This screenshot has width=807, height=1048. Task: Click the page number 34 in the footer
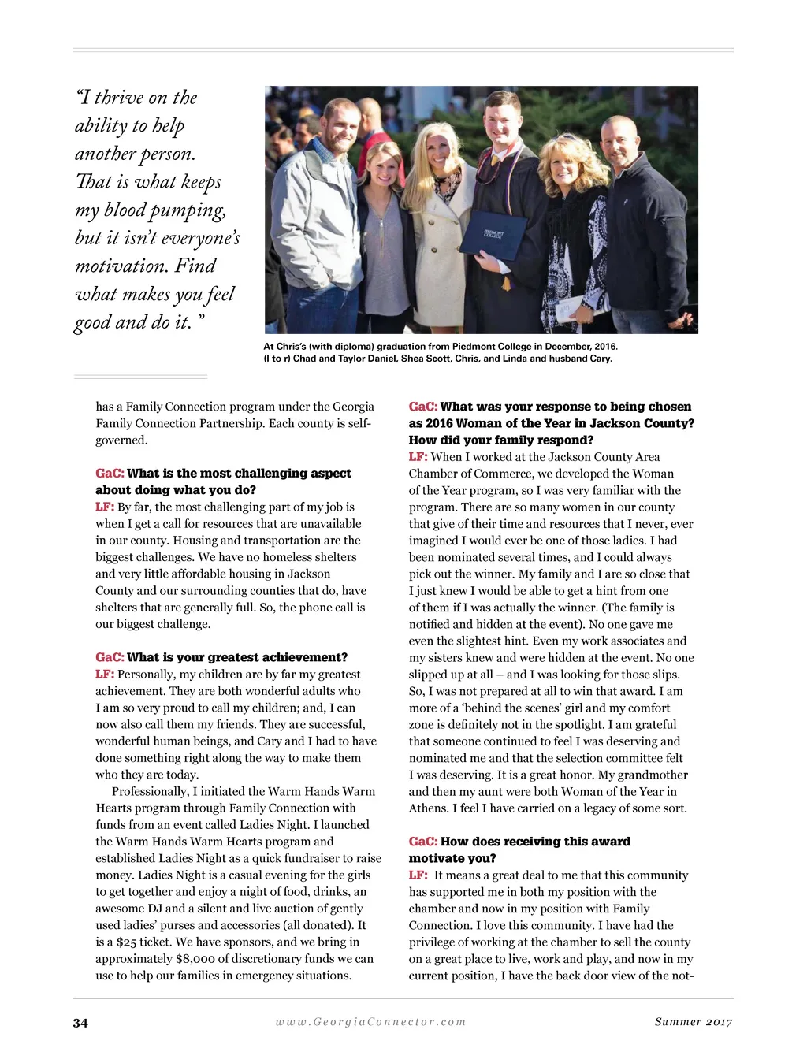[x=80, y=1023]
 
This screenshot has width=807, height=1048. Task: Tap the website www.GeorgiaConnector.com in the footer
[x=370, y=1022]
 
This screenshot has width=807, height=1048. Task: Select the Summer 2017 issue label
[x=693, y=1022]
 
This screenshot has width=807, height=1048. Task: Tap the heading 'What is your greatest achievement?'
[x=236, y=657]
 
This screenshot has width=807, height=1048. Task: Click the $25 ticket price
[x=127, y=942]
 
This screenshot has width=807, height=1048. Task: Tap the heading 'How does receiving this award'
[x=535, y=842]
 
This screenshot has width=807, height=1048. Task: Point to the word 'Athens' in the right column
[x=428, y=808]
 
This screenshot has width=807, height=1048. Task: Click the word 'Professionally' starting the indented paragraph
[x=151, y=791]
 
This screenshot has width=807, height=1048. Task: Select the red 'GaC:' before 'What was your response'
[x=422, y=407]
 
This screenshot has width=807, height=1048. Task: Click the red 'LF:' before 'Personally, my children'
[x=105, y=675]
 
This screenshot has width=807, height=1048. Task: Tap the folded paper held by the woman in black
[x=570, y=307]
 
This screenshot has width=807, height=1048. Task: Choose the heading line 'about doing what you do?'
[x=176, y=490]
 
